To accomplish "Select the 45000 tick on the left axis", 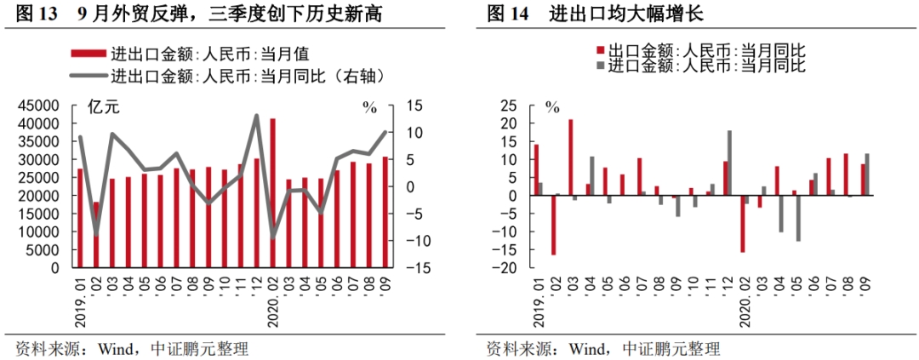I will pos(39,106).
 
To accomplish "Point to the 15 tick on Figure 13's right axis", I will pos(414,106).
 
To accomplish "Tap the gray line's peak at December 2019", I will pos(257,116).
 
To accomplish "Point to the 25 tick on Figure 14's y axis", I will pos(509,106).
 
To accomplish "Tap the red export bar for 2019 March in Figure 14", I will pos(570,157).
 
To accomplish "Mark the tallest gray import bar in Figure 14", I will pos(729,163).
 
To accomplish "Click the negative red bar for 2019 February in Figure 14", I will pos(553,225).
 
